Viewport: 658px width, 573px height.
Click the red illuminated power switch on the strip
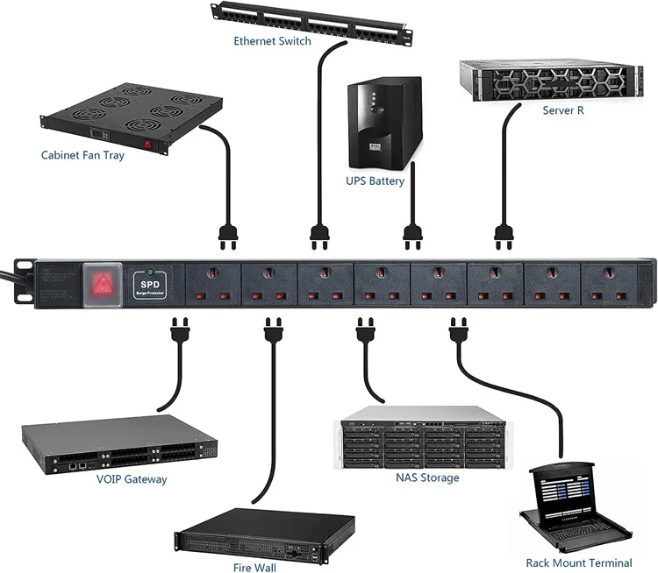tap(101, 283)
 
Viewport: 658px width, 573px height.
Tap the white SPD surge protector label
tap(150, 286)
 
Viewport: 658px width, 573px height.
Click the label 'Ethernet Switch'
tap(272, 41)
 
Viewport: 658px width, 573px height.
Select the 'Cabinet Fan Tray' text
tap(82, 155)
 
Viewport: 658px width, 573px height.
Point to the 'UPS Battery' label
tap(375, 181)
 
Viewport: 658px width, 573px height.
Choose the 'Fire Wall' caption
tap(254, 568)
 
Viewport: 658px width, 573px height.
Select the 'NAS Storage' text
tap(427, 477)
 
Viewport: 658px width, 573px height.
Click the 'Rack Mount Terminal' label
tap(578, 562)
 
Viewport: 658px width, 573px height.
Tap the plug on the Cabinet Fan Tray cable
tap(228, 233)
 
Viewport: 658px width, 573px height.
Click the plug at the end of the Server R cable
tap(504, 233)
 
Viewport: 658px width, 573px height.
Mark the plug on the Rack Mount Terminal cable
tap(458, 332)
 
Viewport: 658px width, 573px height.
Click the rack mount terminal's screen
tap(574, 494)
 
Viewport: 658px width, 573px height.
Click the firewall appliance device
tap(264, 534)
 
